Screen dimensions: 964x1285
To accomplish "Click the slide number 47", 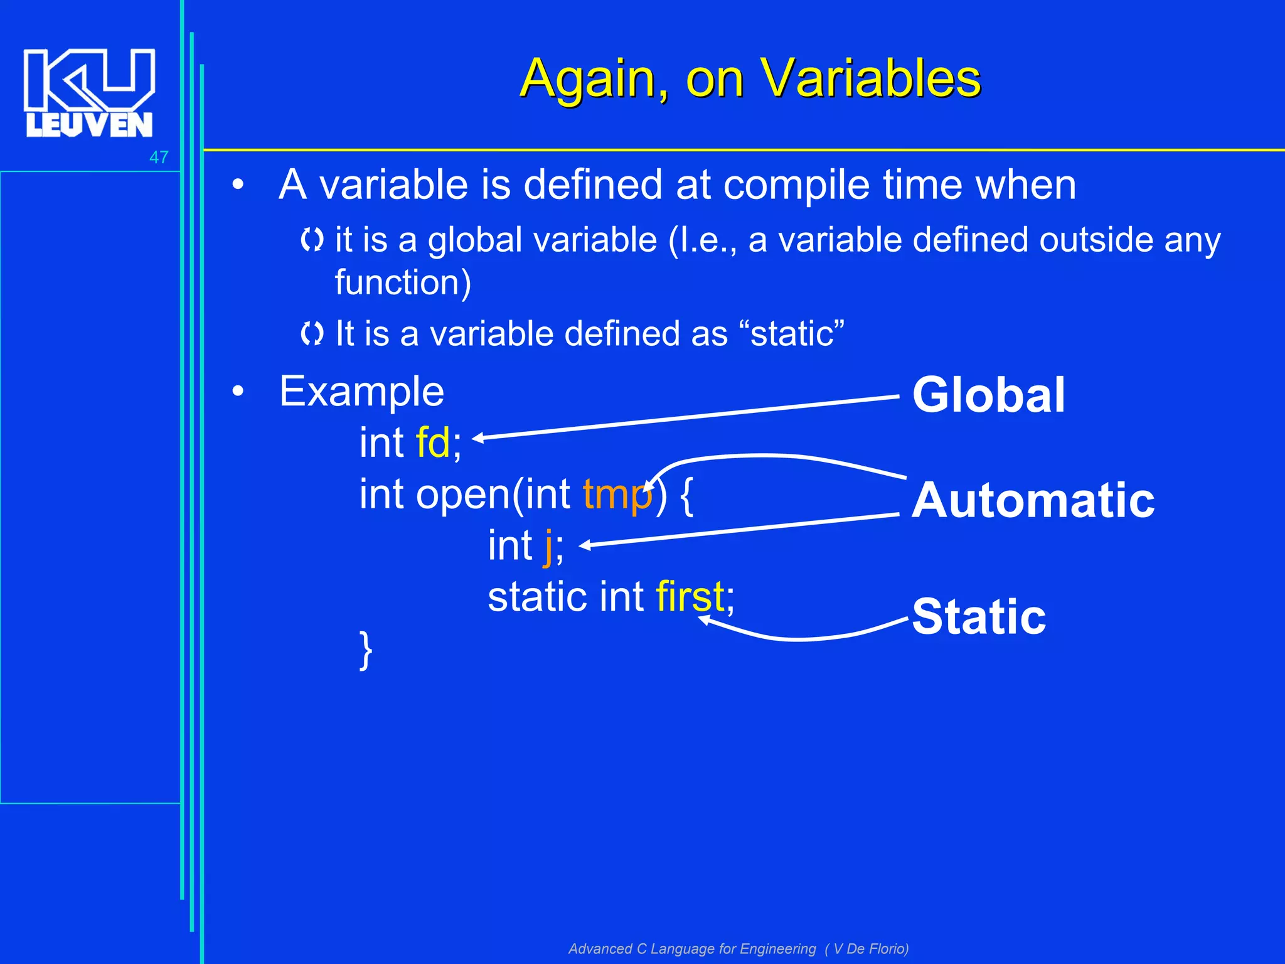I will click(159, 157).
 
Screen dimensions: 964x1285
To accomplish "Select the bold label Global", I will click(988, 395).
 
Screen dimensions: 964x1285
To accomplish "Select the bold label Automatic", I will click(1033, 500).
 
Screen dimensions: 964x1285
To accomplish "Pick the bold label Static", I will click(979, 616).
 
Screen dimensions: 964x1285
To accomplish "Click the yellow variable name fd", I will click(433, 443).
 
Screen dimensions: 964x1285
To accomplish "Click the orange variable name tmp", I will click(617, 495).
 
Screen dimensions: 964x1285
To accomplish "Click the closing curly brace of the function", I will click(366, 650).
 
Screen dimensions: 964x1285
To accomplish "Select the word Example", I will click(361, 392).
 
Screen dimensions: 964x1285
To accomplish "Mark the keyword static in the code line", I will click(538, 596).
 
